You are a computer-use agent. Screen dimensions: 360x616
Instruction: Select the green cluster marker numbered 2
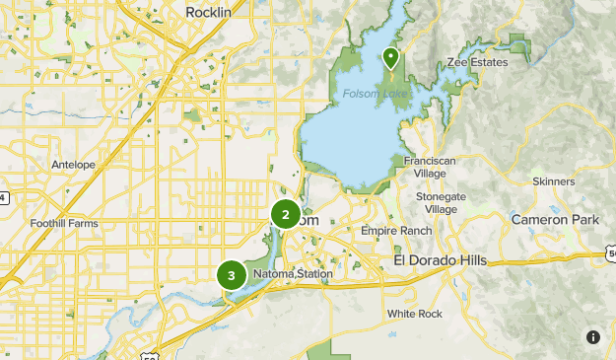pos(286,214)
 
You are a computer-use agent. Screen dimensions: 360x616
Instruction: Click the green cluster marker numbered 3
pos(232,276)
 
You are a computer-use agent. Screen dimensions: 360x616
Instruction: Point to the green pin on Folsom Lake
pos(390,58)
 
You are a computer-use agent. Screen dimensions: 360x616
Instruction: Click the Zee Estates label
pos(476,63)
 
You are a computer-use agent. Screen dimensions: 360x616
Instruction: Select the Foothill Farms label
pos(65,224)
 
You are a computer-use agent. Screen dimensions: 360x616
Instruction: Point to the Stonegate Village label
pos(441,203)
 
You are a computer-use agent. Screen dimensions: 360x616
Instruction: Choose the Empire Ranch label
pos(396,231)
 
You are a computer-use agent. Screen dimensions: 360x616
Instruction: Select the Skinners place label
pos(553,182)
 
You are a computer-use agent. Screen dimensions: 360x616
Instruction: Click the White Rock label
pos(415,314)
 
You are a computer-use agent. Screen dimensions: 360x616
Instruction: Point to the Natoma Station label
pos(293,273)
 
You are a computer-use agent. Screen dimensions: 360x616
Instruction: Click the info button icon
pos(592,336)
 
